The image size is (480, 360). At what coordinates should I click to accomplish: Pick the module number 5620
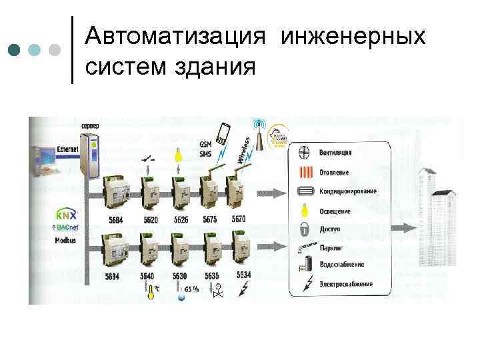pyautogui.click(x=151, y=220)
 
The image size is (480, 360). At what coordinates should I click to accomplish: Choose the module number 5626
pyautogui.click(x=181, y=220)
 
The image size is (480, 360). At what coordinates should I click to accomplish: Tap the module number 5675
pyautogui.click(x=210, y=219)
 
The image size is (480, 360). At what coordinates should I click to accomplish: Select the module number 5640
pyautogui.click(x=147, y=275)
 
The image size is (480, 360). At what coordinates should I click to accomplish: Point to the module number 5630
pyautogui.click(x=179, y=275)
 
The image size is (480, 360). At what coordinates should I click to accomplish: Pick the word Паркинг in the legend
pyautogui.click(x=331, y=248)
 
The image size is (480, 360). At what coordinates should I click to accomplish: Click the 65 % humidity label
pyautogui.click(x=192, y=289)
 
